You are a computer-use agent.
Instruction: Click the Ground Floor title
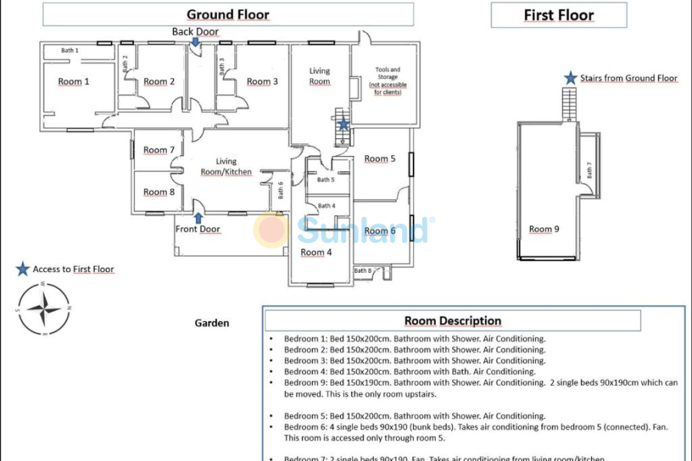tap(228, 15)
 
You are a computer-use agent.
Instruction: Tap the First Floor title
tap(559, 15)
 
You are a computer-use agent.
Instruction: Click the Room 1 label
tap(74, 81)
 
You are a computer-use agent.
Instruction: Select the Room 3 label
tap(263, 81)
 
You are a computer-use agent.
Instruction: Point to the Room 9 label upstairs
tap(544, 229)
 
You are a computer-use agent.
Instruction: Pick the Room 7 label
tap(159, 150)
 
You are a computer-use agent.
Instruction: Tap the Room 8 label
tap(159, 192)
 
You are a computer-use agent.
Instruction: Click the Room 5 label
tap(380, 159)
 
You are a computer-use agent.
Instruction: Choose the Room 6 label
tap(380, 230)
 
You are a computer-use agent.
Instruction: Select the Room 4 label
tap(316, 252)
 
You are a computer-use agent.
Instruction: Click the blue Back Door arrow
tap(197, 43)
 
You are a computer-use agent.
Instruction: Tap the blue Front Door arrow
tap(198, 217)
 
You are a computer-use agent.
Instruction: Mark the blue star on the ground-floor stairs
tap(343, 124)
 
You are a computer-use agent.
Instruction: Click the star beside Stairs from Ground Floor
tap(571, 78)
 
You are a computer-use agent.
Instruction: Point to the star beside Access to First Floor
tap(22, 269)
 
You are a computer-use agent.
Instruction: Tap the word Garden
tap(211, 323)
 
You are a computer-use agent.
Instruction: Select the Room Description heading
tap(453, 321)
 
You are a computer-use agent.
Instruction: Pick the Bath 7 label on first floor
tap(590, 171)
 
